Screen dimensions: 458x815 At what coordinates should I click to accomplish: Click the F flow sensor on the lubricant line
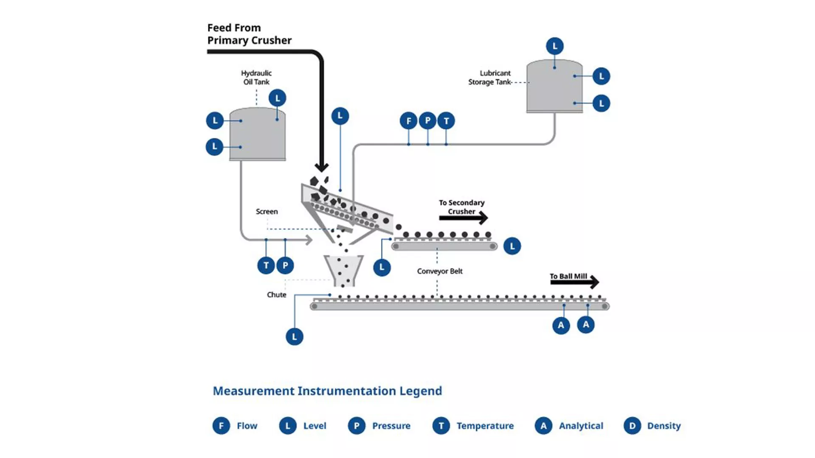pos(408,121)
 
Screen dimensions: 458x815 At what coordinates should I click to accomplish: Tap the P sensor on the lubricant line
pos(427,121)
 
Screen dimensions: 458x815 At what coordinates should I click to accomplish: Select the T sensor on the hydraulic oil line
pos(266,265)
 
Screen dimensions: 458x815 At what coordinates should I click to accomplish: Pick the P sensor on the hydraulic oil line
pos(285,265)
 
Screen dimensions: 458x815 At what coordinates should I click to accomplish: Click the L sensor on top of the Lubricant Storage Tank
pos(555,46)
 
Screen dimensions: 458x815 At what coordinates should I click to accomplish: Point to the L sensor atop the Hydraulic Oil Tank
pos(278,98)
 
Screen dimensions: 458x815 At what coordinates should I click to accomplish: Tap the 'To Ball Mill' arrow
pos(574,282)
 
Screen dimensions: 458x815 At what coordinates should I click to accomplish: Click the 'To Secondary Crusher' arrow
pos(463,218)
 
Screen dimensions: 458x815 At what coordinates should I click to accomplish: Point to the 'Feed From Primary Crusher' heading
pos(249,34)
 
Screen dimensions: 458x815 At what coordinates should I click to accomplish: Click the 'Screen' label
pos(267,212)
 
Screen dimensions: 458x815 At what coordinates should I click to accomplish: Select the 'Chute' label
pos(276,295)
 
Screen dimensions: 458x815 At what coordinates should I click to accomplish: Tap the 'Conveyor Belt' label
pos(440,271)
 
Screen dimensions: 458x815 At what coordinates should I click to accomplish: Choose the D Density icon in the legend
pos(632,426)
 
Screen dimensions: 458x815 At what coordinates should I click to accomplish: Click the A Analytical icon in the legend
pos(543,426)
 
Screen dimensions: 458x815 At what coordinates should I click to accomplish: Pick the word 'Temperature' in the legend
pos(485,426)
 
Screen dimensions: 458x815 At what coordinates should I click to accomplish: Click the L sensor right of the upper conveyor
pos(512,246)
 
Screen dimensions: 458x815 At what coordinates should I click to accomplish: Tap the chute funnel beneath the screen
pos(343,270)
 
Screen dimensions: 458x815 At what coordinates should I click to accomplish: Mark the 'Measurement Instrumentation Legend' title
pos(327,391)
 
